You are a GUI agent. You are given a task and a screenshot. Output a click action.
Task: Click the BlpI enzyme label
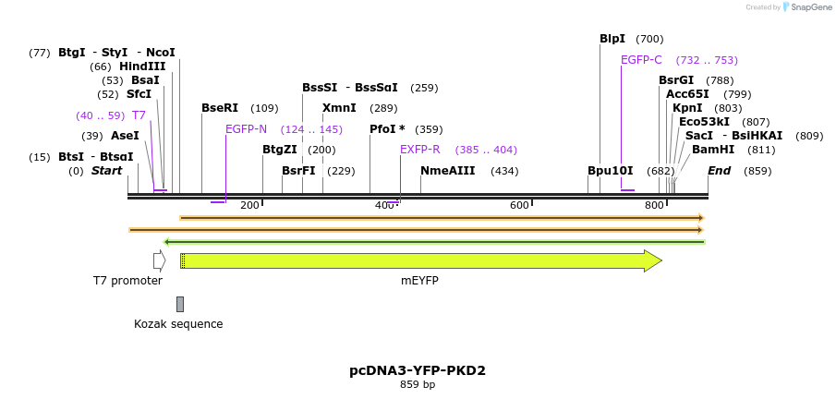coord(612,39)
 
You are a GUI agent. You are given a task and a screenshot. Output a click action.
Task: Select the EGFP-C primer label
coord(641,60)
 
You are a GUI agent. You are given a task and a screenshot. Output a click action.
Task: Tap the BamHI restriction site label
coord(713,149)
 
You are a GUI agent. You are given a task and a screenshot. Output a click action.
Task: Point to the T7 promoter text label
coord(127,281)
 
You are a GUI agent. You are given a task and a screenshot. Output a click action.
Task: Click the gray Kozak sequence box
coord(180,304)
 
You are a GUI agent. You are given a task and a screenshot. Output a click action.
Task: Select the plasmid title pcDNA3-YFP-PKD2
coord(418,370)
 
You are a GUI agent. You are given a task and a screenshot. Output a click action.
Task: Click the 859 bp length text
coord(418,385)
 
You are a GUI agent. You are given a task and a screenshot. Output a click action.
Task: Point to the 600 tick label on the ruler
coord(519,205)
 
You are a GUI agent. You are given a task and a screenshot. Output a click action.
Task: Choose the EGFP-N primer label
coord(246,129)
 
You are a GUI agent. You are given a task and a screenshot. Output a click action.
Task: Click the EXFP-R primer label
coord(419,150)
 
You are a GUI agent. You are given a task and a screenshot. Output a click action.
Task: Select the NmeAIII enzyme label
coord(447,171)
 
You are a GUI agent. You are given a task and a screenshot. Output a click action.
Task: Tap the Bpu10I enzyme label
coord(611,171)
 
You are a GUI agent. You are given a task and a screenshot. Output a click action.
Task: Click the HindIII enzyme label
coord(142,66)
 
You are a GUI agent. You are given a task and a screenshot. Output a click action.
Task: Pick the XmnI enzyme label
coord(339,108)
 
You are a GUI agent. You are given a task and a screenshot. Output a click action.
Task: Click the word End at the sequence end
coord(720,171)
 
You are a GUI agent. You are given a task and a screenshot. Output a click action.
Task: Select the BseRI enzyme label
coord(220,108)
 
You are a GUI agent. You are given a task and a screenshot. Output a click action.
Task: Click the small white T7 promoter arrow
coord(159,261)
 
